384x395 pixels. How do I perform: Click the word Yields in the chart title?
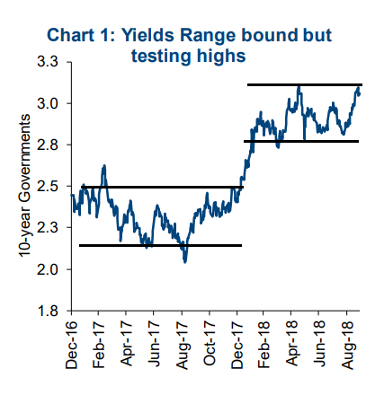coord(147,35)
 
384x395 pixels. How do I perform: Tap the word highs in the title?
coord(221,56)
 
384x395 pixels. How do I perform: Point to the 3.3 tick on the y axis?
coord(48,62)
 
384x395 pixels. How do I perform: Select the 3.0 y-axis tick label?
coord(48,103)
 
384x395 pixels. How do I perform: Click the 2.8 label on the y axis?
coord(48,145)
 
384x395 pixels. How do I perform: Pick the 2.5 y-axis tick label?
coord(48,186)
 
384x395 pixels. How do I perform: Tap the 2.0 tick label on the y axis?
coord(48,269)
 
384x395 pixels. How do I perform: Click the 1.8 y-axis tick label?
coord(48,311)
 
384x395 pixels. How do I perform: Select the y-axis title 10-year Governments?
coord(24,186)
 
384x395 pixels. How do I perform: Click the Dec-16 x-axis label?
coord(72,345)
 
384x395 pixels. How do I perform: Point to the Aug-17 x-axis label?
coord(182,345)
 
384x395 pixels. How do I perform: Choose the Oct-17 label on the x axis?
coord(210,343)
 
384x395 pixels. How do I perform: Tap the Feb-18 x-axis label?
coord(263,345)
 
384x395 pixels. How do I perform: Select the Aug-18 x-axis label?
coord(348,345)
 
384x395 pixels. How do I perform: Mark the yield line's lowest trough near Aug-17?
coord(185,262)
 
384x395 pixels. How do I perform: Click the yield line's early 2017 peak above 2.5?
coord(104,165)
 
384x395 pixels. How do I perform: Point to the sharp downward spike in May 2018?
coord(305,139)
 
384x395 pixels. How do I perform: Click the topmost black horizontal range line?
coord(305,85)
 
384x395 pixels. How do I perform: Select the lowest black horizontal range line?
coord(160,245)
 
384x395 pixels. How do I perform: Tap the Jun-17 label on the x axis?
coord(154,344)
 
